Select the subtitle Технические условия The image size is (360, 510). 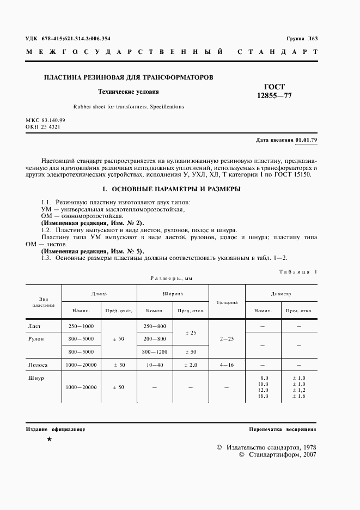pos(128,92)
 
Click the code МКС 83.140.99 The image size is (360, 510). pos(45,120)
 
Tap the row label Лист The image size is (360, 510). pos(34,326)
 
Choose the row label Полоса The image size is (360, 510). pos(38,365)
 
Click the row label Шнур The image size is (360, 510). pos(35,378)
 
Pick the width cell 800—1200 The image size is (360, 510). pos(154,351)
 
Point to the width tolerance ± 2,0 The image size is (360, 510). pos(190,365)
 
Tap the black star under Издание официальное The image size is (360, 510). pos(50,439)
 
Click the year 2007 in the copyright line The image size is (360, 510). pos(309,455)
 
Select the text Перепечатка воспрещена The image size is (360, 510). pos(283,429)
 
